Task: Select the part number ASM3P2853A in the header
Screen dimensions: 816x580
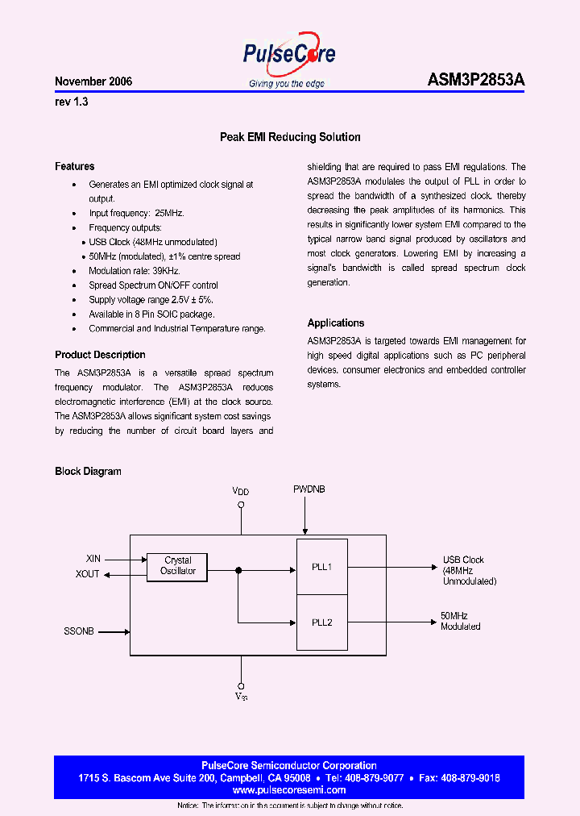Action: [x=475, y=81]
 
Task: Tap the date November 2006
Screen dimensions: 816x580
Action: [x=93, y=82]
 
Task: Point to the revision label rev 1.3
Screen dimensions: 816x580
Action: [x=72, y=102]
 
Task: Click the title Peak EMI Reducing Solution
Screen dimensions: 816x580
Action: [x=290, y=137]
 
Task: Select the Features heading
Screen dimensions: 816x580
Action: [x=75, y=166]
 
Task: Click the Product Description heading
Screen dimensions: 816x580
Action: [x=100, y=355]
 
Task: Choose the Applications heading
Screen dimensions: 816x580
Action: [x=336, y=323]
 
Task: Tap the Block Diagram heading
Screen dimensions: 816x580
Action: [x=88, y=472]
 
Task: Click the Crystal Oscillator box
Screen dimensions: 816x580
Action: [x=177, y=566]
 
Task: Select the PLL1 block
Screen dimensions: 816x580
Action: [x=322, y=567]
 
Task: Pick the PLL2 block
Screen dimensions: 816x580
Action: [x=322, y=622]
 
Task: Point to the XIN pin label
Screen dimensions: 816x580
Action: [x=93, y=558]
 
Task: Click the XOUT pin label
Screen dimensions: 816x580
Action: [x=88, y=574]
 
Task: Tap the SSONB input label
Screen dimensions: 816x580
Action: [x=80, y=631]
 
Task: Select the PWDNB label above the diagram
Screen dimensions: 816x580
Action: [x=309, y=489]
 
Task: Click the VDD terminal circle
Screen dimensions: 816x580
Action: [x=241, y=506]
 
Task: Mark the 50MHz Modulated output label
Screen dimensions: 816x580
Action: [x=461, y=621]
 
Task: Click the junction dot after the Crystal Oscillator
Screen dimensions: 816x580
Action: [x=238, y=571]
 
